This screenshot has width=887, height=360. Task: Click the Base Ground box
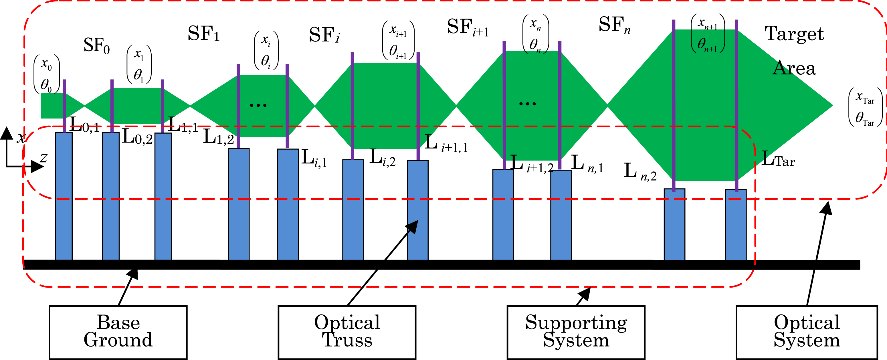pyautogui.click(x=118, y=332)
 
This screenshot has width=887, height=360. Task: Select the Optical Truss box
pyautogui.click(x=347, y=332)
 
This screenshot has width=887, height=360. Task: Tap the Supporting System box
pyautogui.click(x=576, y=332)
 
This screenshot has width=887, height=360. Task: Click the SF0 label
pyautogui.click(x=96, y=46)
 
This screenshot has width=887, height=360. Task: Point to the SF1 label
pyautogui.click(x=203, y=34)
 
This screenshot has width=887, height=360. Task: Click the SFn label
pyautogui.click(x=614, y=25)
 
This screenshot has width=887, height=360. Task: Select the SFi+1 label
pyautogui.click(x=467, y=27)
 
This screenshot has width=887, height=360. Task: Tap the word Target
pyautogui.click(x=794, y=34)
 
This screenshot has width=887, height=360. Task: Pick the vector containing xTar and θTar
pyautogui.click(x=865, y=107)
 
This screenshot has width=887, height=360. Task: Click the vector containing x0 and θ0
pyautogui.click(x=46, y=74)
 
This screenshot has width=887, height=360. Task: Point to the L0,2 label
pyautogui.click(x=137, y=137)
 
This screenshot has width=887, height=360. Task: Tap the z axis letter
pyautogui.click(x=44, y=157)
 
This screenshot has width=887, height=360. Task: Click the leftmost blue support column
pyautogui.click(x=64, y=196)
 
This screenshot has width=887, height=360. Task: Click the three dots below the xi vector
pyautogui.click(x=258, y=105)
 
